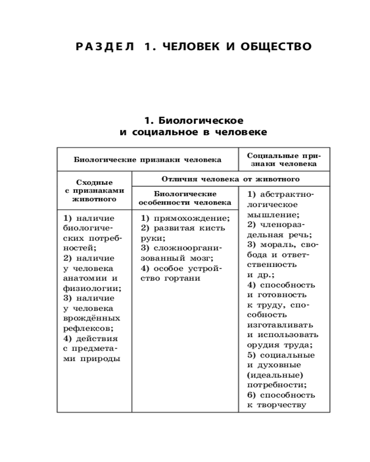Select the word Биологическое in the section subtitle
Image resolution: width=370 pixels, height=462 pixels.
tap(201, 121)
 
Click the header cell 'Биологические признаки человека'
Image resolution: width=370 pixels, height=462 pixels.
tap(148, 160)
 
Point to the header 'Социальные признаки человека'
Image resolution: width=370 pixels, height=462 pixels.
tap(284, 159)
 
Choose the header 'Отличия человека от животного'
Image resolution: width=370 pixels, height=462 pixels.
tap(230, 179)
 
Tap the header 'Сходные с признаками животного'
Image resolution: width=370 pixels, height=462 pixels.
tap(94, 191)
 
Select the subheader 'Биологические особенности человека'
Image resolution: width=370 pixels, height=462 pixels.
tap(185, 198)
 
